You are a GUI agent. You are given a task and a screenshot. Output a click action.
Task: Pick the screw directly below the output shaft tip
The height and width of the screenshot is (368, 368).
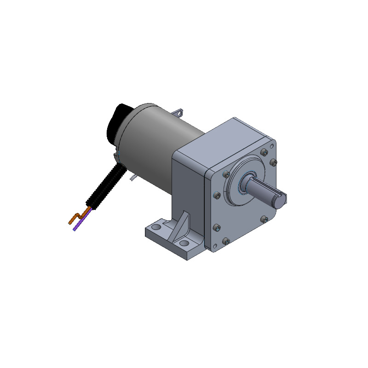[x=264, y=220]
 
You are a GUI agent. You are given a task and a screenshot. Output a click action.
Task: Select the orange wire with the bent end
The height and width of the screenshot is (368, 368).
[x=75, y=218]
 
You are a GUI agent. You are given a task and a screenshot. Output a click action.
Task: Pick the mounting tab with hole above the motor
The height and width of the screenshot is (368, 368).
[x=179, y=112]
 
